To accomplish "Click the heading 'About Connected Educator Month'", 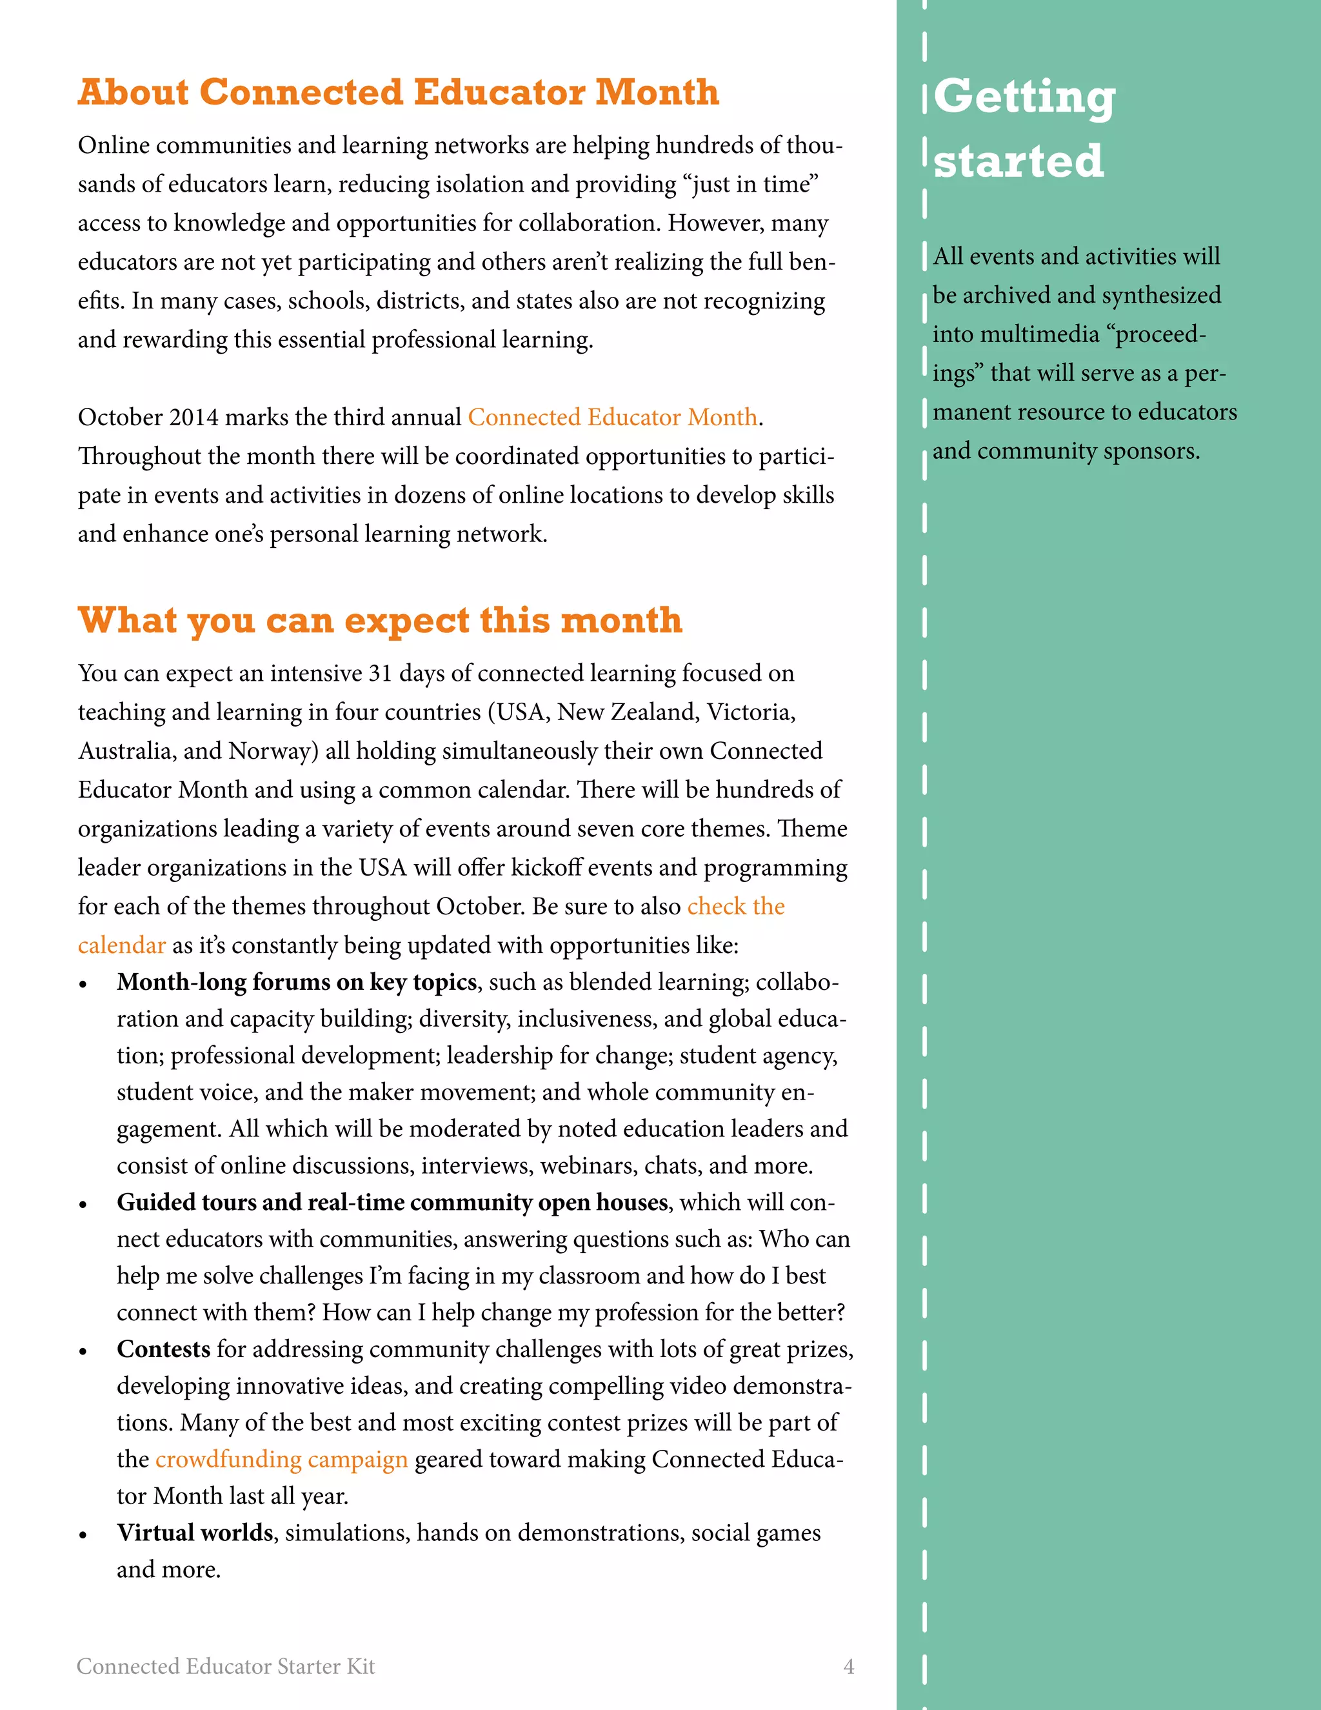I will [397, 92].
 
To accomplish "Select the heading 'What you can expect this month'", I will [379, 620].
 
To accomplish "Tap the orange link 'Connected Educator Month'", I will [612, 417].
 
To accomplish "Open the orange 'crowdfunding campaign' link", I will [281, 1460].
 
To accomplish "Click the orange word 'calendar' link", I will [121, 945].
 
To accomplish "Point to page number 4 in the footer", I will [848, 1666].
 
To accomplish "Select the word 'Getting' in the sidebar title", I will [1024, 97].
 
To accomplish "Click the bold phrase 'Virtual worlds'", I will [195, 1533].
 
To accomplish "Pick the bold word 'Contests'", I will [164, 1349].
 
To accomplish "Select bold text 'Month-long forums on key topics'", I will [297, 982].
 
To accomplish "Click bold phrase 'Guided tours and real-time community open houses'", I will [392, 1202].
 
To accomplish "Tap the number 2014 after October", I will [194, 417].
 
